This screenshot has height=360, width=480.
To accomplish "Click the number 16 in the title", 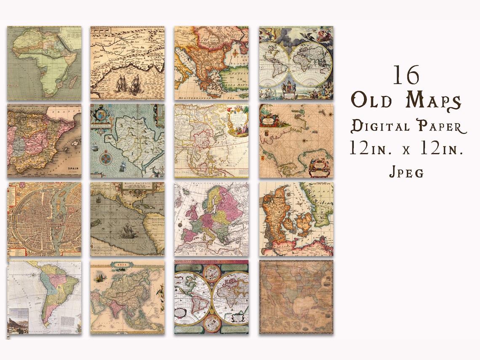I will click(407, 76).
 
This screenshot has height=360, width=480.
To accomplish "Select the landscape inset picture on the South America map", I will click(18, 325).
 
